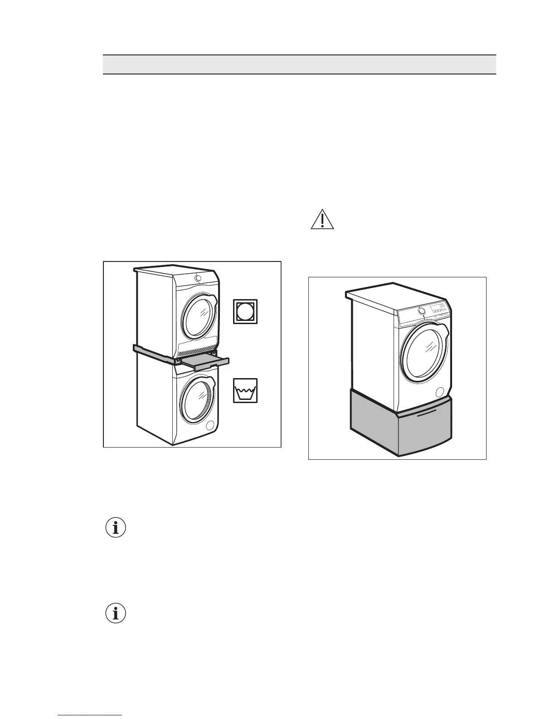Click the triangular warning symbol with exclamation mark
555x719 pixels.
pos(322,219)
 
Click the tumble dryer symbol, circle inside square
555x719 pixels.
pos(245,311)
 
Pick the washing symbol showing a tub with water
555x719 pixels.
pos(245,390)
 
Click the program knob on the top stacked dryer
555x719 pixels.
pos(197,278)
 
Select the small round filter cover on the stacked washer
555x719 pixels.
pos(209,425)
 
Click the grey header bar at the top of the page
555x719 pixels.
pos(299,64)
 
